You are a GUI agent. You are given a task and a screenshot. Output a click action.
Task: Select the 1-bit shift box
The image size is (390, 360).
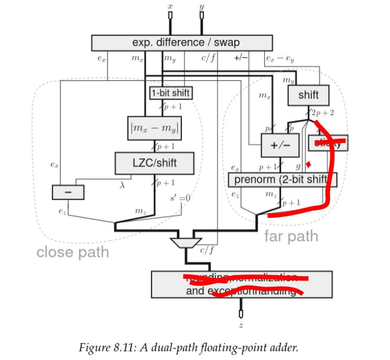pos(171,93)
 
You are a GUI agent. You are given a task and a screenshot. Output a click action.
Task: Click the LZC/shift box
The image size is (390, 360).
pos(155,163)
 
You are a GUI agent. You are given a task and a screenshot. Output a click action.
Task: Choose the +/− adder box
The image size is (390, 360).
pos(277,145)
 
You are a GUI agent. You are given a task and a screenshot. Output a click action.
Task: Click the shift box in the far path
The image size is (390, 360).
pos(308,95)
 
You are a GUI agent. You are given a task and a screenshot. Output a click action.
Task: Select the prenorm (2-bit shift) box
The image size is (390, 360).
pos(281,180)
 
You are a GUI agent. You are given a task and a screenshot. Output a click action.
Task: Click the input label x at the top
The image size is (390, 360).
pos(170,6)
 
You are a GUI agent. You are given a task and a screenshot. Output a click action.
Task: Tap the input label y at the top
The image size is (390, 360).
pos(202,7)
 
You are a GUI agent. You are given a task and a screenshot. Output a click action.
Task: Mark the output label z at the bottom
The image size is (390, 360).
pos(241,326)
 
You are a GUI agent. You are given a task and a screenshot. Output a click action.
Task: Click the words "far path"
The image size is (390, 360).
pos(291,236)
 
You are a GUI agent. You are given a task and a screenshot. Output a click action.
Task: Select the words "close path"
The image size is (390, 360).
pos(72,252)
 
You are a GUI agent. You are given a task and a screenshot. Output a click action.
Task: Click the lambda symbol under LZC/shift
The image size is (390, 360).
pos(123,185)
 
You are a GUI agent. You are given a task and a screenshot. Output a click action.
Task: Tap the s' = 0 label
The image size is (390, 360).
pos(179,198)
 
